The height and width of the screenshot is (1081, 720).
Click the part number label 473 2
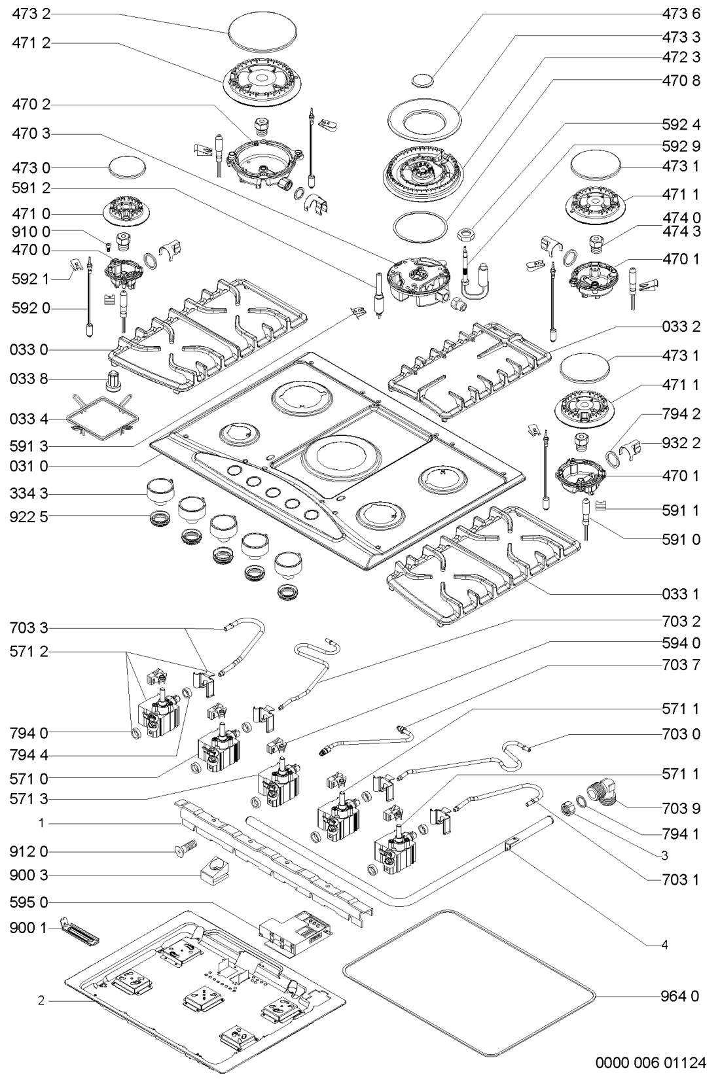pyautogui.click(x=31, y=14)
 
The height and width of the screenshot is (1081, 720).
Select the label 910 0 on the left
pyautogui.click(x=31, y=232)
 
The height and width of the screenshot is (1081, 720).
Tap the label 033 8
pyautogui.click(x=30, y=379)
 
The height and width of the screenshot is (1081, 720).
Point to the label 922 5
pyautogui.click(x=30, y=517)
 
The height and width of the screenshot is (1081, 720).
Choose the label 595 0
pyautogui.click(x=30, y=902)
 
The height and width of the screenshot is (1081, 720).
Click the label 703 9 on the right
pyautogui.click(x=681, y=808)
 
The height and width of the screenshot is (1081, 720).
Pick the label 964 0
pyautogui.click(x=681, y=996)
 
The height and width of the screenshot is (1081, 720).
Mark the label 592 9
pyautogui.click(x=681, y=146)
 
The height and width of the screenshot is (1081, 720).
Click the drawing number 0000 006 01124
pyautogui.click(x=651, y=1062)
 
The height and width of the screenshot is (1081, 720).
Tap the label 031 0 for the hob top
pyautogui.click(x=30, y=466)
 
